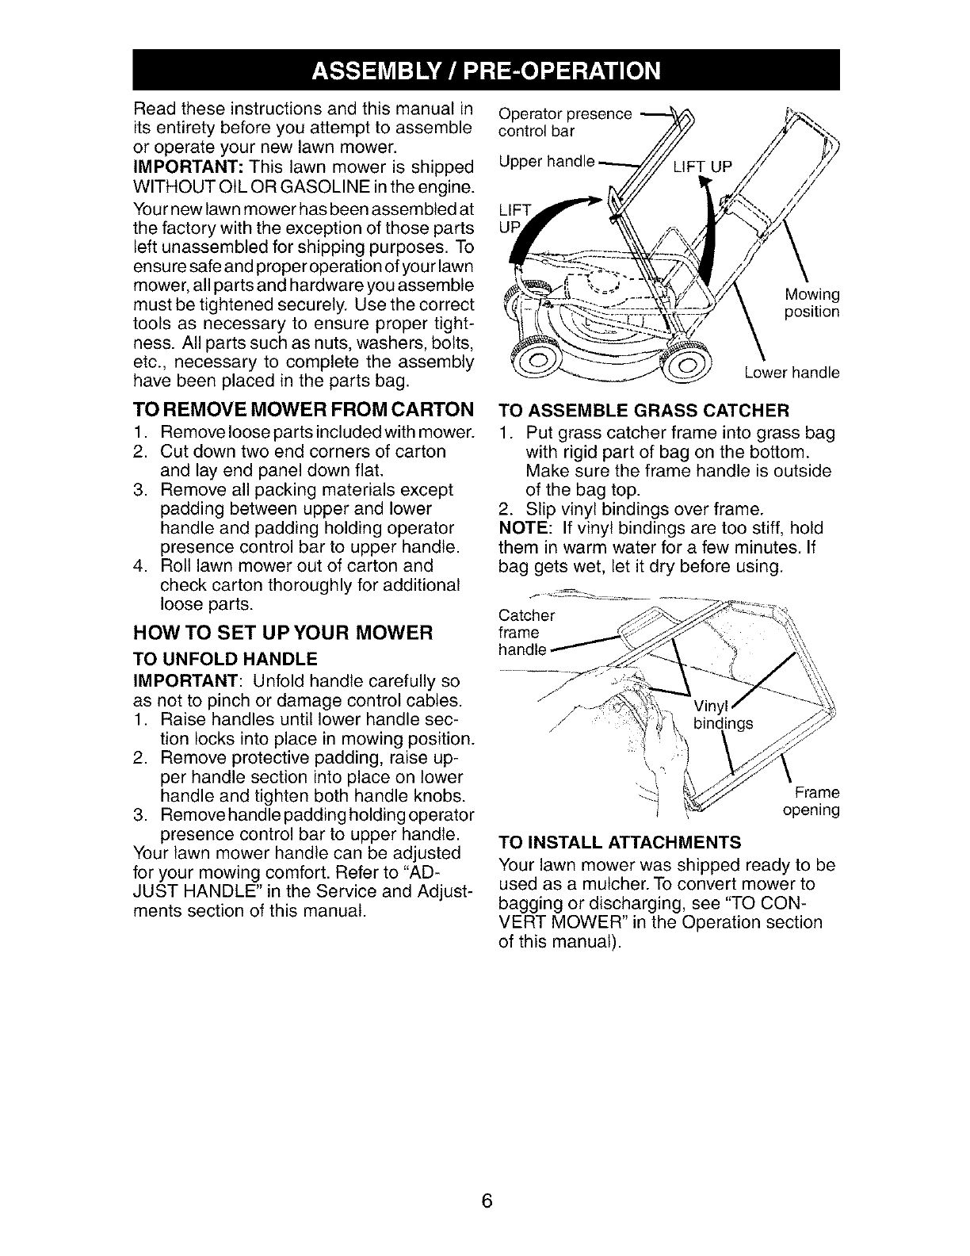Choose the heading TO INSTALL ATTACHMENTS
pos(620,841)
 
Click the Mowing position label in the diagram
pos(811,303)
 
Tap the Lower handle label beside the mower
pos(792,373)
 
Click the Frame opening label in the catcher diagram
pos(810,801)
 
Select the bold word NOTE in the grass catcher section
pos(519,528)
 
